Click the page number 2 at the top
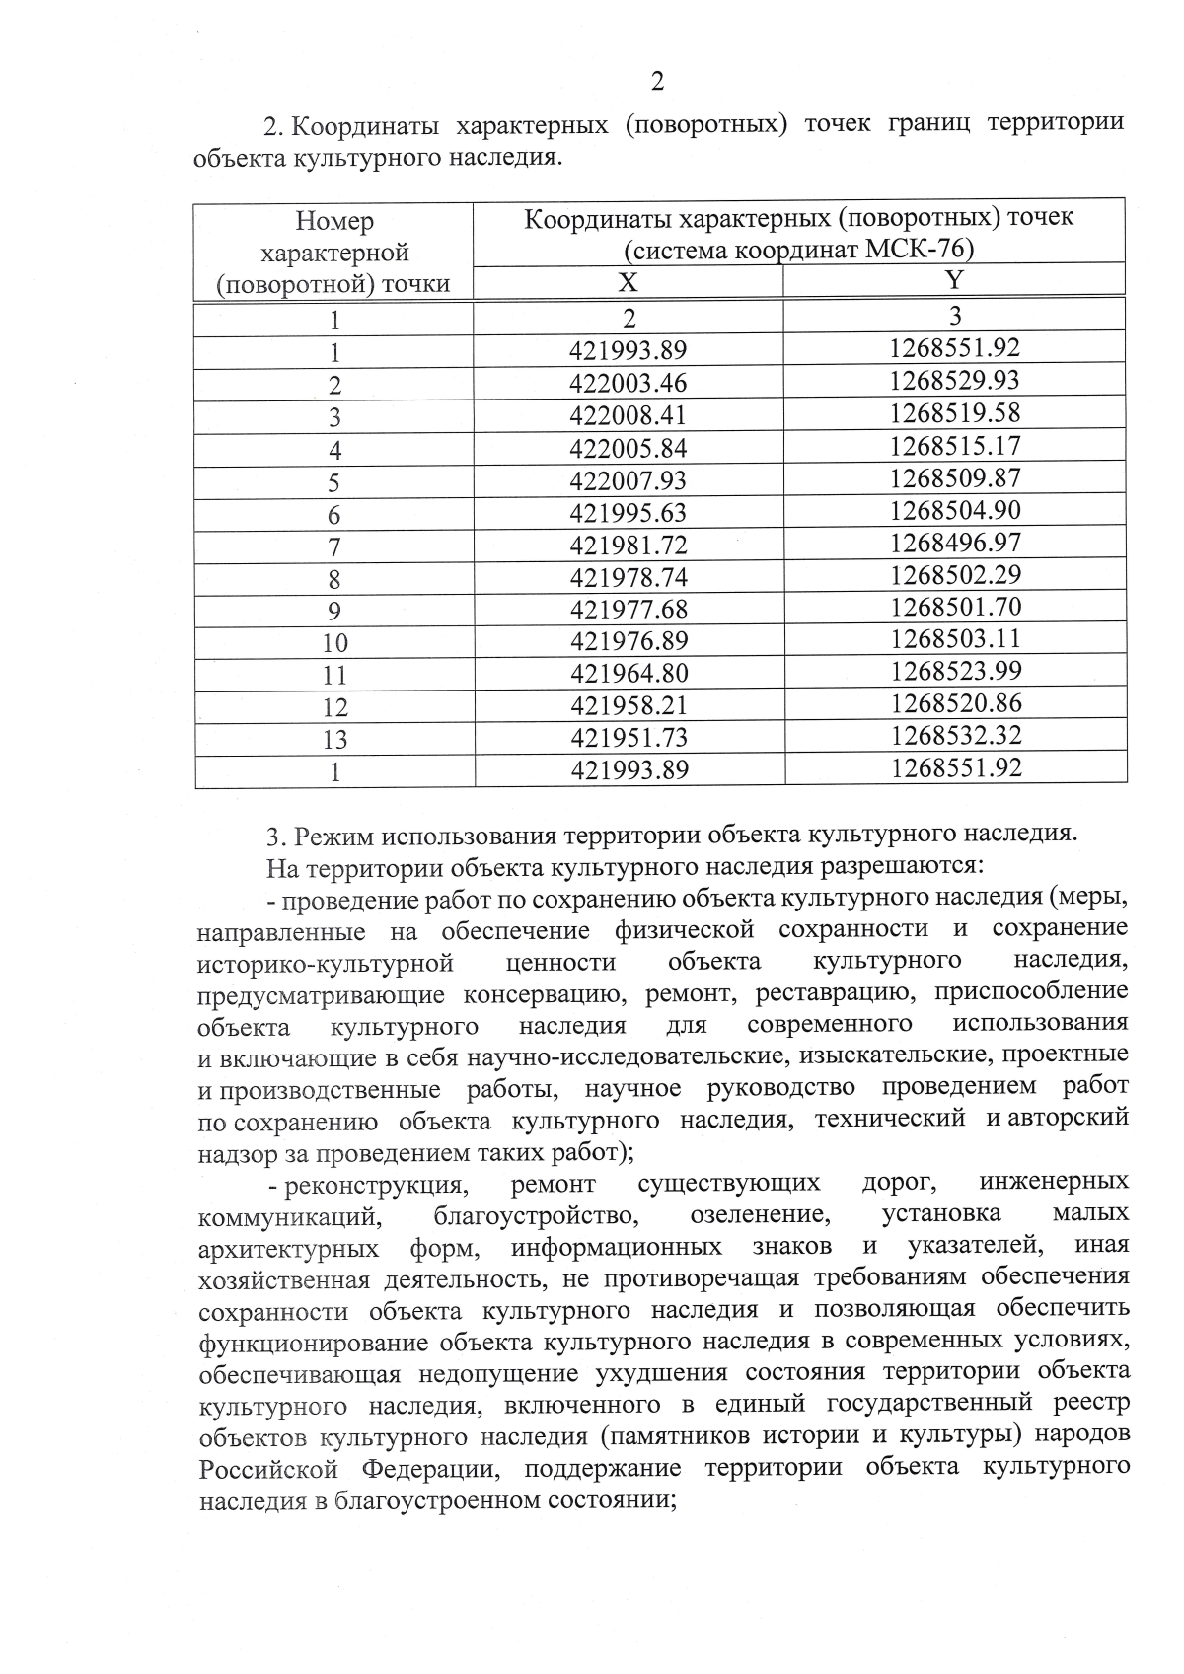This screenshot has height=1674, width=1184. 658,82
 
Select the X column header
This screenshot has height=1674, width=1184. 628,283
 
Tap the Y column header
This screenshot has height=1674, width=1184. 954,281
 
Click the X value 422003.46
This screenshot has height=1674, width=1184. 629,383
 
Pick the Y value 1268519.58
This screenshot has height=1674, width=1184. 954,412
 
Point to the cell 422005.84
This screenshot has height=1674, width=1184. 629,449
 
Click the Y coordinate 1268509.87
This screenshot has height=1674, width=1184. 954,477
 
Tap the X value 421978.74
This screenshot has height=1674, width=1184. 629,577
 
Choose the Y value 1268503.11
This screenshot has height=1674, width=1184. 954,638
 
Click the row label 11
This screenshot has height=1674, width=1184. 335,676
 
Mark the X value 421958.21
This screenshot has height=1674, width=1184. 629,705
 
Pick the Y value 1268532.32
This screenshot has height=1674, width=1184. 954,735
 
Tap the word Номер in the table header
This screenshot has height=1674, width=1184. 335,221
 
